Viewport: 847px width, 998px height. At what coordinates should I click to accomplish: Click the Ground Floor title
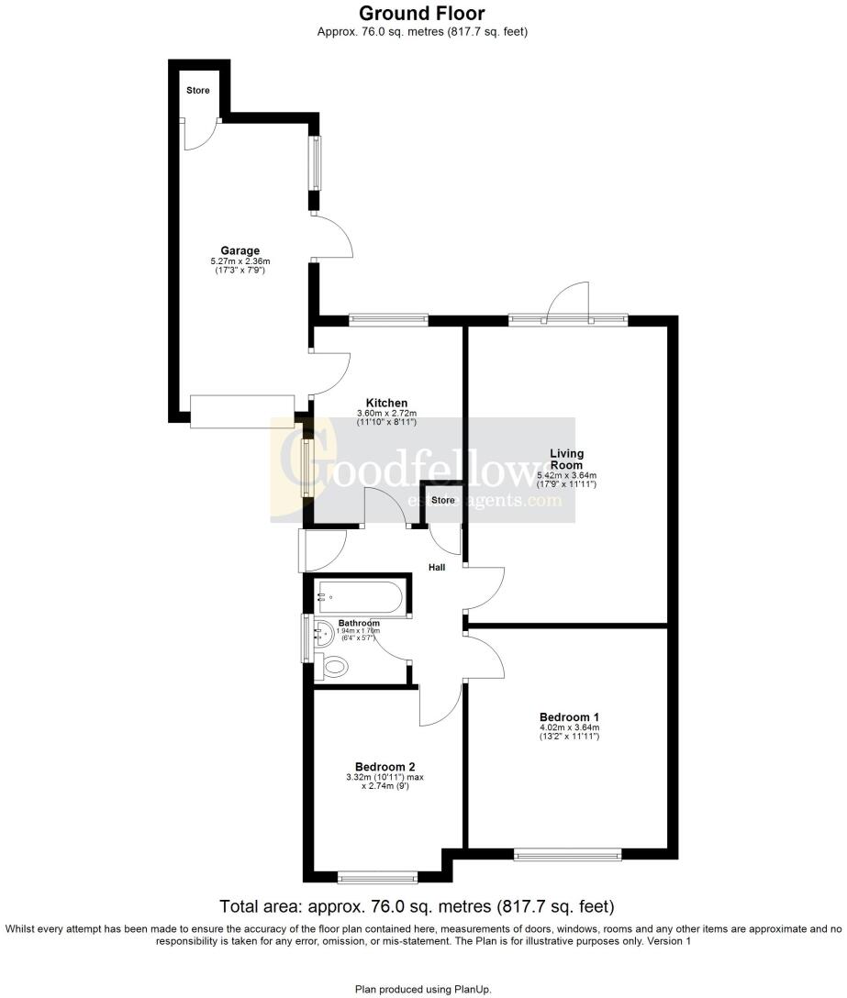(422, 13)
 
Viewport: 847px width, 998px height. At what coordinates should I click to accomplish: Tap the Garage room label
(240, 250)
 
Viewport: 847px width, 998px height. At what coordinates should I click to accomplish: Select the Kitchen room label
(386, 403)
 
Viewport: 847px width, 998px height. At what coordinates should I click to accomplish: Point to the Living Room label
(566, 459)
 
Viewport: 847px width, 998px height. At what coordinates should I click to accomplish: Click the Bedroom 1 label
(569, 716)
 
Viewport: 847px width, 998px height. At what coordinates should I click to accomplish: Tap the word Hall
(437, 568)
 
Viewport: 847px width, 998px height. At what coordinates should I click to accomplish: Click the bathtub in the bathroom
(359, 596)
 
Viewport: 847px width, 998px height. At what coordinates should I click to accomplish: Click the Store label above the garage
(197, 91)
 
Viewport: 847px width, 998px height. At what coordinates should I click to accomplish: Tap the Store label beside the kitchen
(443, 500)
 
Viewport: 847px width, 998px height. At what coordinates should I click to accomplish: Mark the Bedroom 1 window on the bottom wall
(568, 854)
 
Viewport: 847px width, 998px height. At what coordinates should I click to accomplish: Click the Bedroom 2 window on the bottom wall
(377, 879)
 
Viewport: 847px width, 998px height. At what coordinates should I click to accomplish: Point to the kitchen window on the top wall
(388, 319)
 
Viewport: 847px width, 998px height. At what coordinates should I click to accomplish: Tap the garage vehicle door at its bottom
(242, 411)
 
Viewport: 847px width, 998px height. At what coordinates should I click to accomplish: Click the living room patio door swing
(567, 299)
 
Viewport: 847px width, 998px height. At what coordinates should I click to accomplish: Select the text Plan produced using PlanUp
(423, 989)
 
